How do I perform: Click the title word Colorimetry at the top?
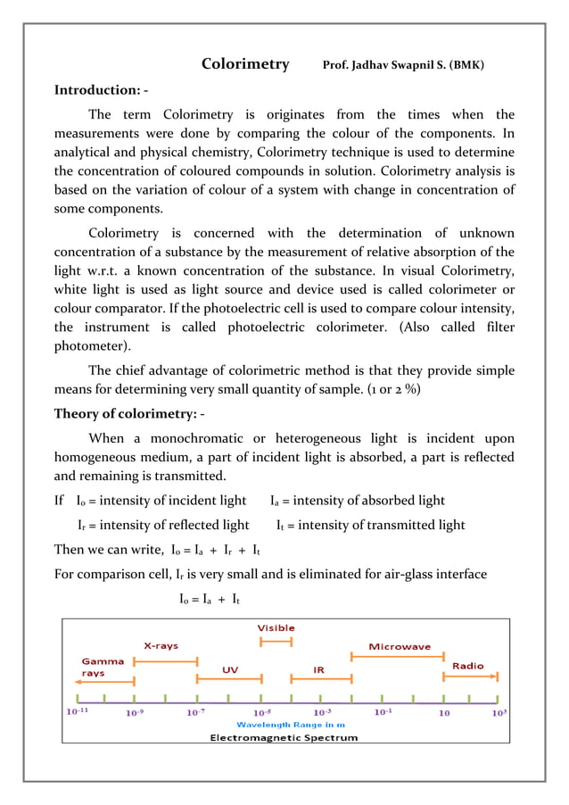[245, 64]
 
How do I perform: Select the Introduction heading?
[101, 90]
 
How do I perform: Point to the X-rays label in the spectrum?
[161, 645]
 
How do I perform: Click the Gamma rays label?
[103, 668]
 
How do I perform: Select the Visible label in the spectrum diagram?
[276, 627]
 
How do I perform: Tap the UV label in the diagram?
[229, 668]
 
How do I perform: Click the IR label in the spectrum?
[318, 668]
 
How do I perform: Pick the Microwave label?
[400, 646]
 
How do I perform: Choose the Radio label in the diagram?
[468, 666]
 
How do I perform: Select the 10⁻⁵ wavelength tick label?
[261, 712]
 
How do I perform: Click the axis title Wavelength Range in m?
[284, 725]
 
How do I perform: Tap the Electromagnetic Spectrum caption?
[284, 738]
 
